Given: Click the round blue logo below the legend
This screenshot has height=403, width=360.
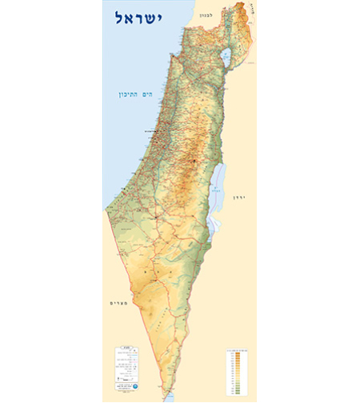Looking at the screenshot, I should click(120, 389).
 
